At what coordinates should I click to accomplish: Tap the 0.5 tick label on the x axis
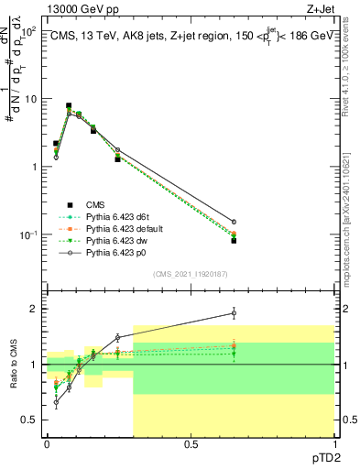(x=191, y=443)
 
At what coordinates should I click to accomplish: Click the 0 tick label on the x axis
(x=47, y=443)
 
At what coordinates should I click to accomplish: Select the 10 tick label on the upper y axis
(x=28, y=98)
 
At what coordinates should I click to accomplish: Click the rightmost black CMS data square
(x=234, y=241)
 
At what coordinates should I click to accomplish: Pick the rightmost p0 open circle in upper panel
(x=234, y=222)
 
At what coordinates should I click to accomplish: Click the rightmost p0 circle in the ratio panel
(x=234, y=313)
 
